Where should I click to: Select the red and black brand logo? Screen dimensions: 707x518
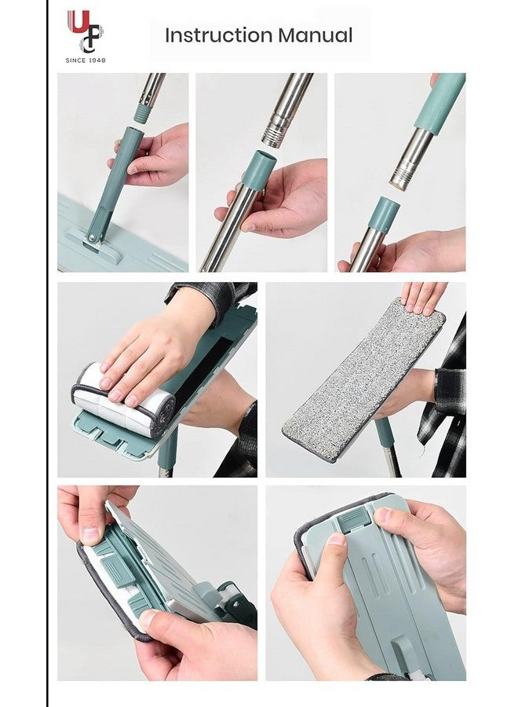tap(86, 31)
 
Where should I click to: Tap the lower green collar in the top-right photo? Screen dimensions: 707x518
tap(383, 214)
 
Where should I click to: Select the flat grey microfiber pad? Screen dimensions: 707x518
tap(363, 381)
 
